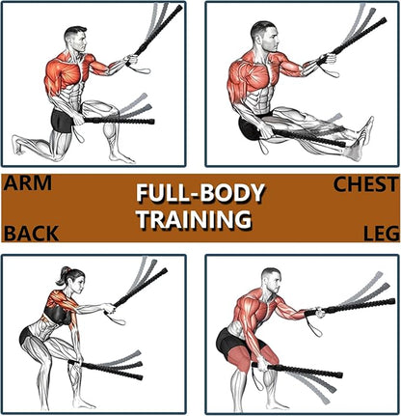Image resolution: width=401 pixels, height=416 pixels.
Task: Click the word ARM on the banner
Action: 28,182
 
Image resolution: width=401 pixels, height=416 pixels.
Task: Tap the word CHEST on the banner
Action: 366,184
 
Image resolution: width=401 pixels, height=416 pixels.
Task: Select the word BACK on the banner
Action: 31,234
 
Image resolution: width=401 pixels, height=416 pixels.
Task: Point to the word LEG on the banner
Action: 382,234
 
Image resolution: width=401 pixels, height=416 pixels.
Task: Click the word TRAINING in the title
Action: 195,219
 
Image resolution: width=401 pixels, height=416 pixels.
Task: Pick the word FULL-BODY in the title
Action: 200,194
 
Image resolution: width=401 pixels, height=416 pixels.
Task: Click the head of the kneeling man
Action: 76,39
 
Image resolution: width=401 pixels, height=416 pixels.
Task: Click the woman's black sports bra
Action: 57,315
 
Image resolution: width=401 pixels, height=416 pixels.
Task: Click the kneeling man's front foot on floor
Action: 121,157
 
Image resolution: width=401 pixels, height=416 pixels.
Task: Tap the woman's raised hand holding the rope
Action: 110,309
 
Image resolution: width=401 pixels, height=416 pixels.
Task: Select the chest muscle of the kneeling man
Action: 71,73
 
